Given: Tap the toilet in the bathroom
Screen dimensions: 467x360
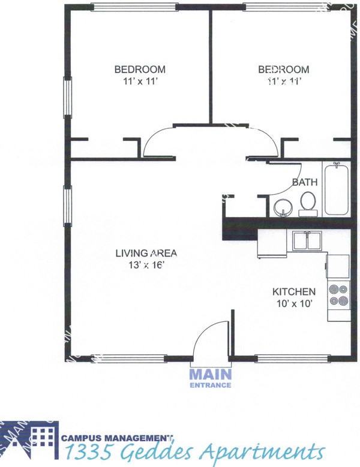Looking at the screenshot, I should coord(308,203).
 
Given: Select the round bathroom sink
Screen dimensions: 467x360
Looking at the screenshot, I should coord(281,208).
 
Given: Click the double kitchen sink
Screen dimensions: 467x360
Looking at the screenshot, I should coord(308,241).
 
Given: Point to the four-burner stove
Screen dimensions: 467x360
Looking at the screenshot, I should coord(338,294).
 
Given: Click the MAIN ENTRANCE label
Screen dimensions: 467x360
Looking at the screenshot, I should coord(210,378).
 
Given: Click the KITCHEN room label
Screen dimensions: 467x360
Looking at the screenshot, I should coord(294,292).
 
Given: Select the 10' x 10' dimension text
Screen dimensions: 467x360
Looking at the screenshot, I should coord(294,304).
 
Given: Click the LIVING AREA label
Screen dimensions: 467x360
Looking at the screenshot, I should coord(146,252).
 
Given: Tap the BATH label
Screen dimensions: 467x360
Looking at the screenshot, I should coord(305,182).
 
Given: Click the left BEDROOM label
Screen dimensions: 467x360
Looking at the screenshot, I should coord(140,70).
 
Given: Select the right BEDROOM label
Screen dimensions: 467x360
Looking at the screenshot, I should coord(284,70).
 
